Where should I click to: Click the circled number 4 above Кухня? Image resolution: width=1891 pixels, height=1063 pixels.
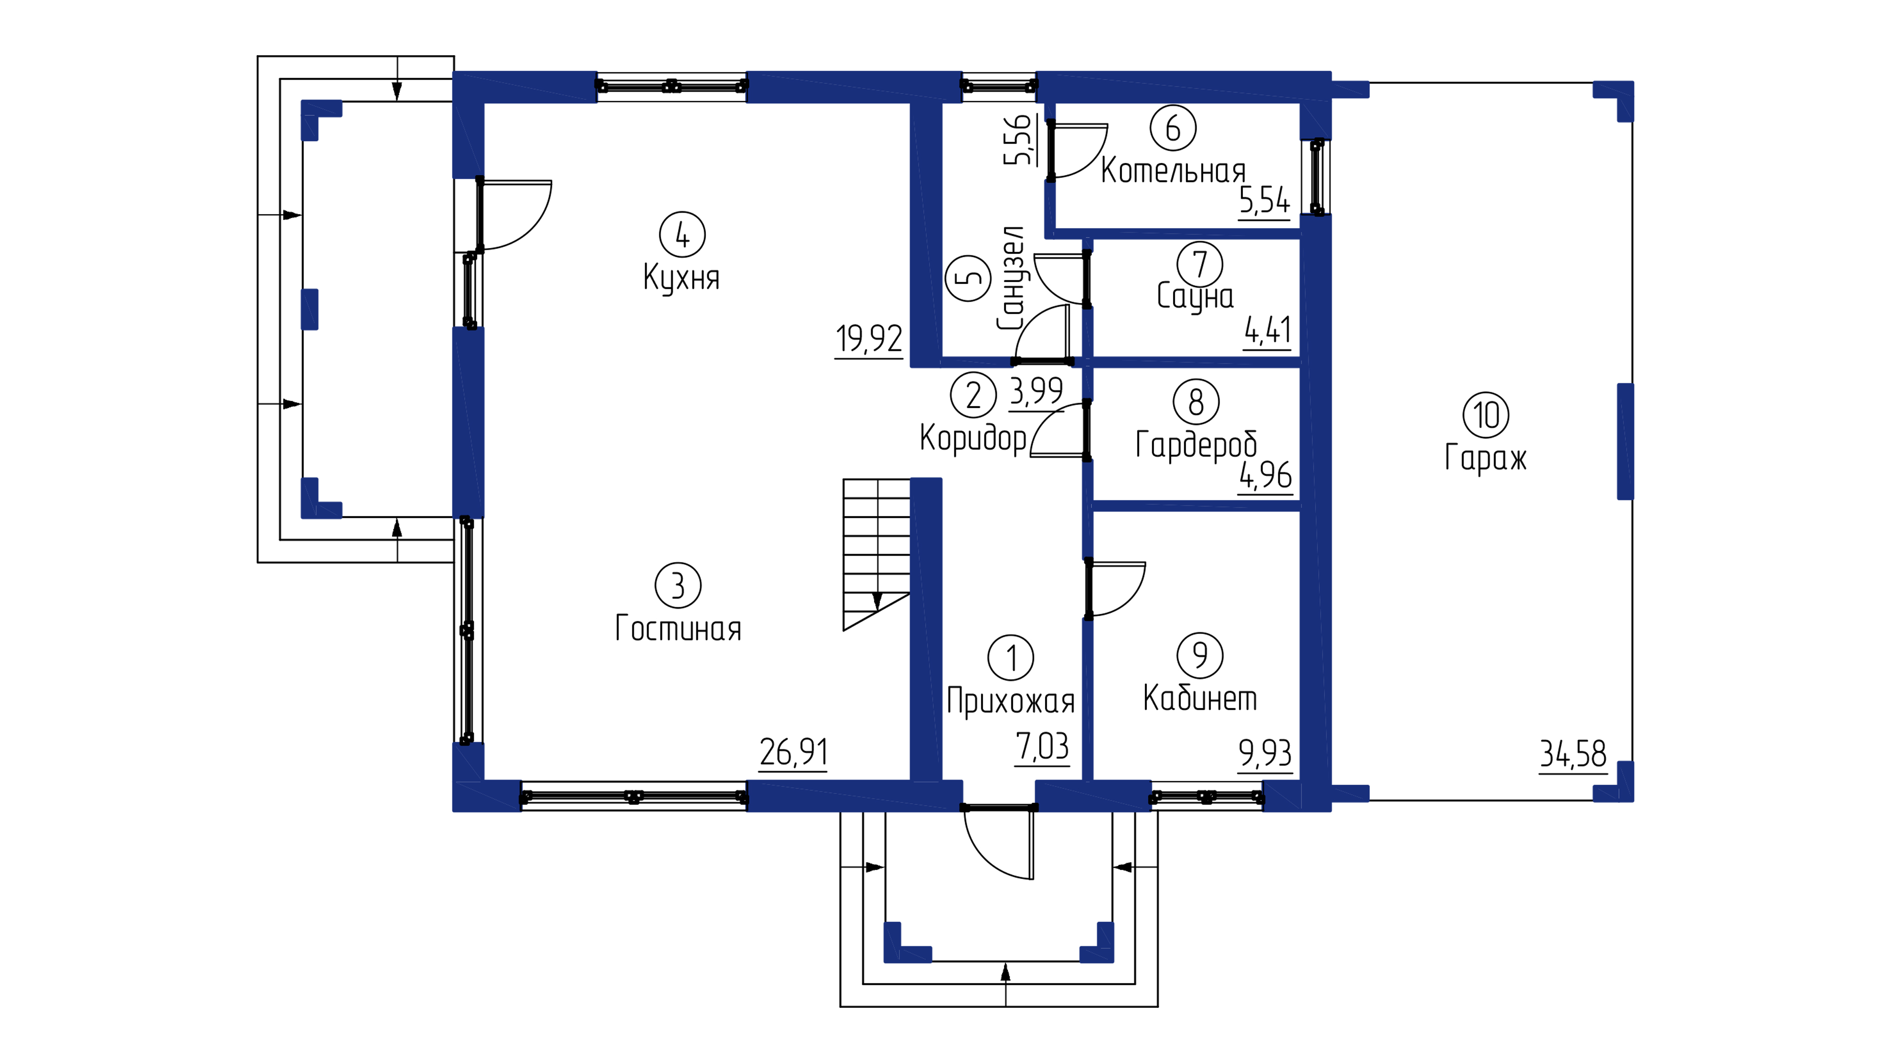682,235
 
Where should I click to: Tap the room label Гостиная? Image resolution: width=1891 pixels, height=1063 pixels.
678,629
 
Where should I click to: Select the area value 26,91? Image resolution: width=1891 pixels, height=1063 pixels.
793,752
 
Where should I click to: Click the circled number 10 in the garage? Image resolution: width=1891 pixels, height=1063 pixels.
1486,415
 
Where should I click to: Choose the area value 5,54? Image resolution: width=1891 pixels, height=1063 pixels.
1265,200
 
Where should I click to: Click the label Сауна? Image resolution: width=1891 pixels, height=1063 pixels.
1195,296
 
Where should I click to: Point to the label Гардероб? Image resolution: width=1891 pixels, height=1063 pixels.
1196,444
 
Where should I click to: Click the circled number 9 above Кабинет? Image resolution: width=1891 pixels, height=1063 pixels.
1200,655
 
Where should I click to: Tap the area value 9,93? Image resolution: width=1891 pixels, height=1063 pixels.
1265,753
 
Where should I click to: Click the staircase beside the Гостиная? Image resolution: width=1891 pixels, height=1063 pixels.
877,554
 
